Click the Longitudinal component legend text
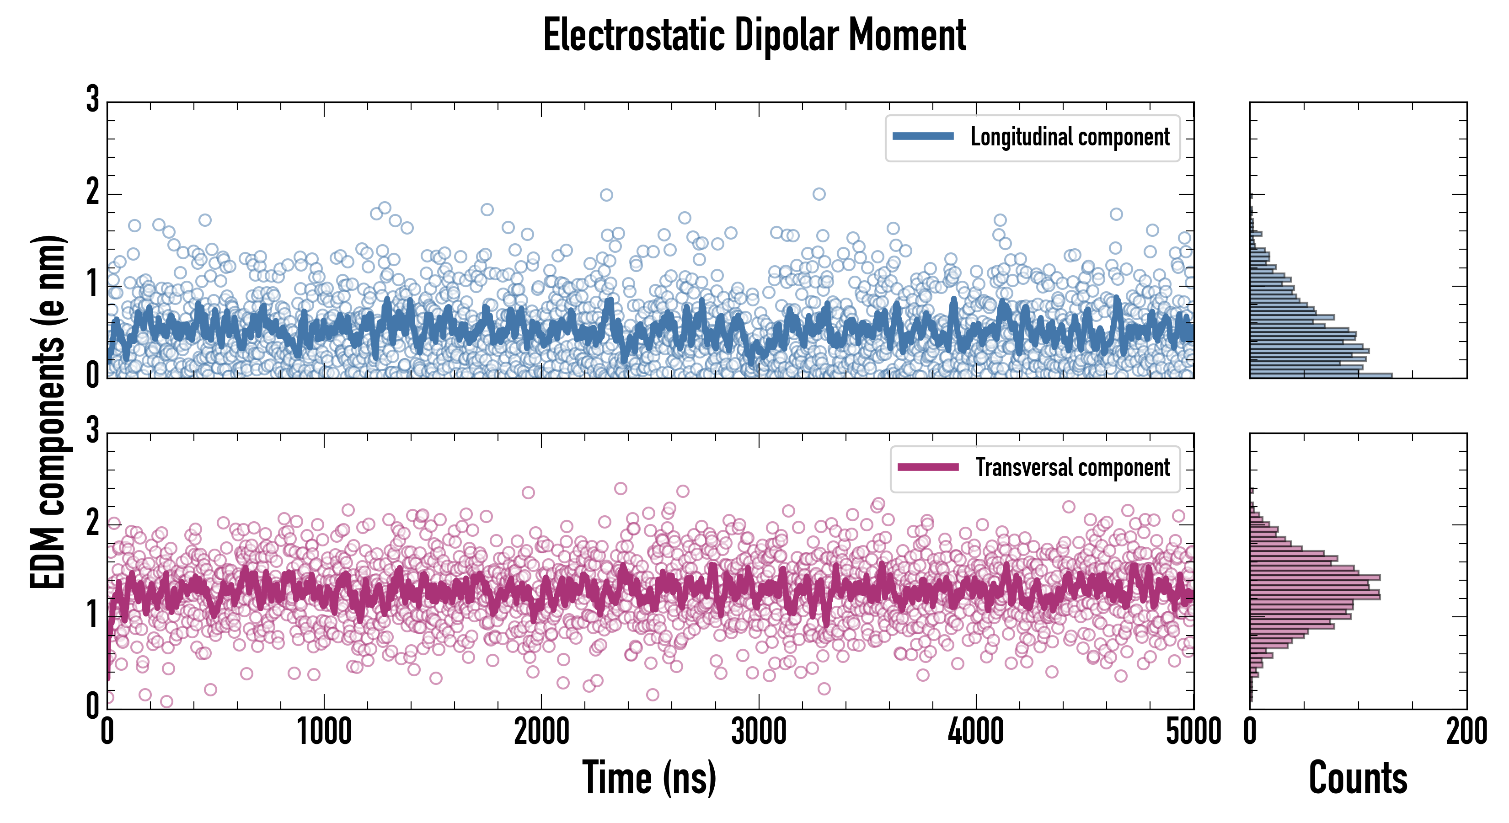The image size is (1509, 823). point(1070,137)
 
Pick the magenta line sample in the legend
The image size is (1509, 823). point(928,467)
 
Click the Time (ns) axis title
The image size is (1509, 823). point(649,777)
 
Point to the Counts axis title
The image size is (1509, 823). point(1358,777)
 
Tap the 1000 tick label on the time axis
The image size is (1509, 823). point(324,732)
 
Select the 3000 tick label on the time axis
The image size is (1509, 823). point(759,732)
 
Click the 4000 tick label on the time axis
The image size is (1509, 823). point(976,732)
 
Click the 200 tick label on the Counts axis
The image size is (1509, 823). point(1466,732)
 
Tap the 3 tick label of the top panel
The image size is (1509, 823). point(92,99)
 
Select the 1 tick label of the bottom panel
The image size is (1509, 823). point(92,614)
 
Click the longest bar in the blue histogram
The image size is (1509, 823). point(1321,375)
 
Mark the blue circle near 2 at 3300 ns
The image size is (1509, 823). point(819,194)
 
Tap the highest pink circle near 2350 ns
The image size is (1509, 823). point(621,488)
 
